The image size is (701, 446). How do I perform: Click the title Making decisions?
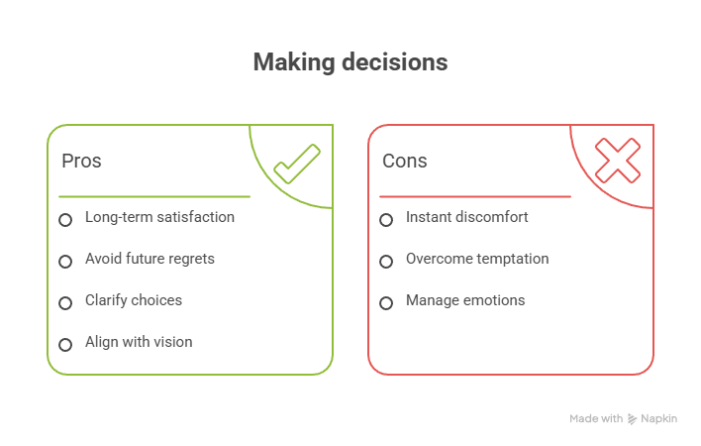pos(350,62)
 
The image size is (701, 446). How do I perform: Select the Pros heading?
pos(81,161)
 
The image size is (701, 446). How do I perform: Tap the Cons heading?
pos(404,161)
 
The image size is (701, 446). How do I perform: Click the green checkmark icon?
pos(296,164)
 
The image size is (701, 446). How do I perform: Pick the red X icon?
pos(617,161)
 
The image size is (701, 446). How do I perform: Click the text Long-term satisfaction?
pos(159,217)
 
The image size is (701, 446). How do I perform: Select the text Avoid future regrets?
pos(150,259)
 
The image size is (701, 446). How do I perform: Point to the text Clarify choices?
pos(134,300)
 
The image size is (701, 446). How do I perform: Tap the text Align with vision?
pos(139,342)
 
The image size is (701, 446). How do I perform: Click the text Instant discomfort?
pos(466,217)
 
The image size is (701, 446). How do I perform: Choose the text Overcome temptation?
pos(477,259)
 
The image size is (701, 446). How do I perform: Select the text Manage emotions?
pos(465,300)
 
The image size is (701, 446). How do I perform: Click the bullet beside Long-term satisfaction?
pos(65,220)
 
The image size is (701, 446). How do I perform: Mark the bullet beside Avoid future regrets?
pos(65,262)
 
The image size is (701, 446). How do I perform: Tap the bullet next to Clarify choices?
pos(65,303)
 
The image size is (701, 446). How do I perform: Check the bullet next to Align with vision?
pos(65,345)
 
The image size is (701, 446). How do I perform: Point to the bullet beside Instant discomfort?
pos(386,220)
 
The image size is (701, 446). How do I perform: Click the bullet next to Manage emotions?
pos(386,303)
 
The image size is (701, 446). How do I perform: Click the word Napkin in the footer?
pos(658,419)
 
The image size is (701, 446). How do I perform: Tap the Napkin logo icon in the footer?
pos(633,419)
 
